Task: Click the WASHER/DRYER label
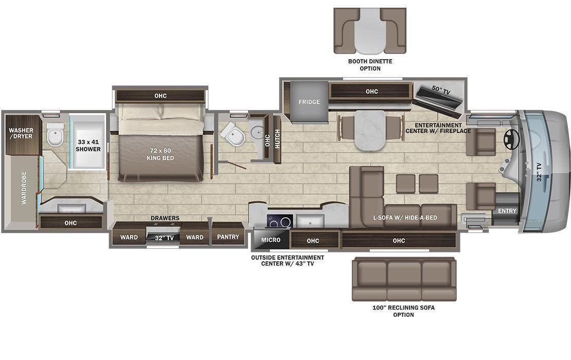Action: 21,133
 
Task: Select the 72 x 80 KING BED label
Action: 160,154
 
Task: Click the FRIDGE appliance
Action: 309,102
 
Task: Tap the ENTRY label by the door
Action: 507,211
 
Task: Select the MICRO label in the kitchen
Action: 271,240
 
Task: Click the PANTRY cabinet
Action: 228,237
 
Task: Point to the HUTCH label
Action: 277,139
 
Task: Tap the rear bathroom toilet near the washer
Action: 55,135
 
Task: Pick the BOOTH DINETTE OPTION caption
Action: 370,65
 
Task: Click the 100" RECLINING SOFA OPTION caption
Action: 403,311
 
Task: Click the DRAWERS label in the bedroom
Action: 165,218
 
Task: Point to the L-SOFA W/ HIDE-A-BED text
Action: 405,218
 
